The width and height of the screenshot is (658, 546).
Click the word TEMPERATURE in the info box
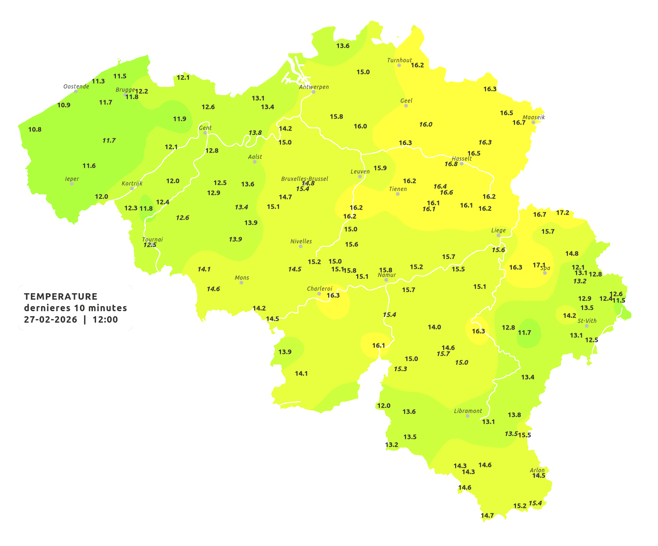click(x=61, y=296)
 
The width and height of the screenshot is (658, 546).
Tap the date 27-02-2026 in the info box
click(x=51, y=319)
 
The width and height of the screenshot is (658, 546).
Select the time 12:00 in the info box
click(x=105, y=319)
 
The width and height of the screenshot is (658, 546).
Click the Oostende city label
click(x=76, y=86)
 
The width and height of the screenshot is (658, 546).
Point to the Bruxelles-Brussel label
click(x=304, y=178)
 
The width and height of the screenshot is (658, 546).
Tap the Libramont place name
click(x=468, y=411)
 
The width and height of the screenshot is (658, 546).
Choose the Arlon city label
click(x=537, y=470)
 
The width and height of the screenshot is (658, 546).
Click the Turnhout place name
click(x=399, y=60)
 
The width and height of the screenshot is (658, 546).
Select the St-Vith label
click(x=587, y=321)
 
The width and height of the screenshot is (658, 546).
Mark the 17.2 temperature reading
click(x=562, y=213)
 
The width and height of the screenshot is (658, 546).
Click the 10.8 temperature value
click(x=35, y=130)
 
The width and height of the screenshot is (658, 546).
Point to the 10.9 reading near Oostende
click(x=64, y=105)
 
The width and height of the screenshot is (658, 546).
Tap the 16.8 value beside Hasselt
click(x=451, y=164)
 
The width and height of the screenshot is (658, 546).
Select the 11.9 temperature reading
click(x=179, y=119)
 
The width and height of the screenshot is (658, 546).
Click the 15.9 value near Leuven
click(x=380, y=168)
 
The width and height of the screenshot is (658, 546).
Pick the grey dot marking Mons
click(x=241, y=283)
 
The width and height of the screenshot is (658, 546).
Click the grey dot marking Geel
click(x=406, y=106)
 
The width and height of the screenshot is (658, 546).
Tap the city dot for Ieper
click(x=71, y=184)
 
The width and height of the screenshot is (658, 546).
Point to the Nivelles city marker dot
click(x=301, y=246)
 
